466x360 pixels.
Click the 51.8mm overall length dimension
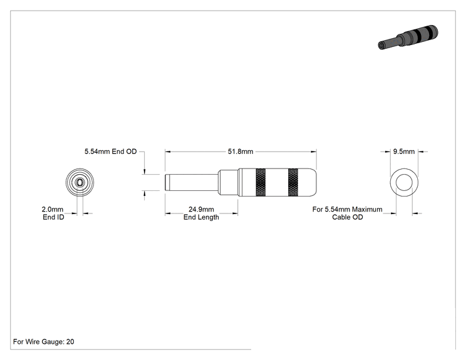pyautogui.click(x=241, y=152)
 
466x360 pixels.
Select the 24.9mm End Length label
pyautogui.click(x=201, y=213)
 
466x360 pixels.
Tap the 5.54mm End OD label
pyautogui.click(x=111, y=152)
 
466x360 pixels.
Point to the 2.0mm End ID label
pyautogui.click(x=53, y=213)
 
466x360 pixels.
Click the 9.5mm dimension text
pyautogui.click(x=404, y=152)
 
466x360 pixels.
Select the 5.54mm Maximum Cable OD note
pyautogui.click(x=347, y=213)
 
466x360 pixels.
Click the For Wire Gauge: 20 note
pyautogui.click(x=44, y=342)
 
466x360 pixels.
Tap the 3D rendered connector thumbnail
pyautogui.click(x=408, y=37)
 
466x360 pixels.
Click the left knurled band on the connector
pyautogui.click(x=261, y=182)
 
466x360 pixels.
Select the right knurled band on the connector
pyautogui.click(x=293, y=182)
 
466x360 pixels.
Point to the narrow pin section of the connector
pyautogui.click(x=192, y=182)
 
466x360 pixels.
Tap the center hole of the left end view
pyautogui.click(x=80, y=182)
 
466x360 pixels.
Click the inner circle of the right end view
pyautogui.click(x=405, y=175)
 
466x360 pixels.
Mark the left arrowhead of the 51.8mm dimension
pyautogui.click(x=168, y=152)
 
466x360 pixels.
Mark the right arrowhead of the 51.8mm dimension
pyautogui.click(x=314, y=152)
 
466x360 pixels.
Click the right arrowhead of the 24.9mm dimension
pyautogui.click(x=236, y=213)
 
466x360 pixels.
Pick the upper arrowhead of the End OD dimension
pyautogui.click(x=145, y=172)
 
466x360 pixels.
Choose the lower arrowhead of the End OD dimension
pyautogui.click(x=145, y=193)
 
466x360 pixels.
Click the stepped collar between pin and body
pyautogui.click(x=229, y=182)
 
